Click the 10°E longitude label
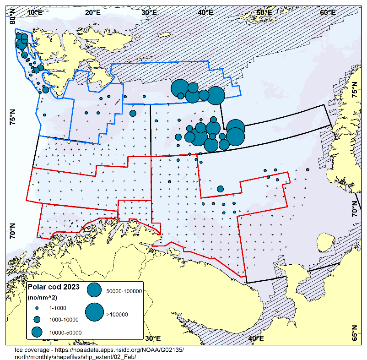pos(35,12)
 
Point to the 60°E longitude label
pos(328,12)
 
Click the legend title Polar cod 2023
pos(54,287)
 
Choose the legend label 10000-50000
pos(66,332)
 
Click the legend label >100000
pos(117,314)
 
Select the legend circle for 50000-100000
pos(94,289)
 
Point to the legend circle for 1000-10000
pos(37,319)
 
